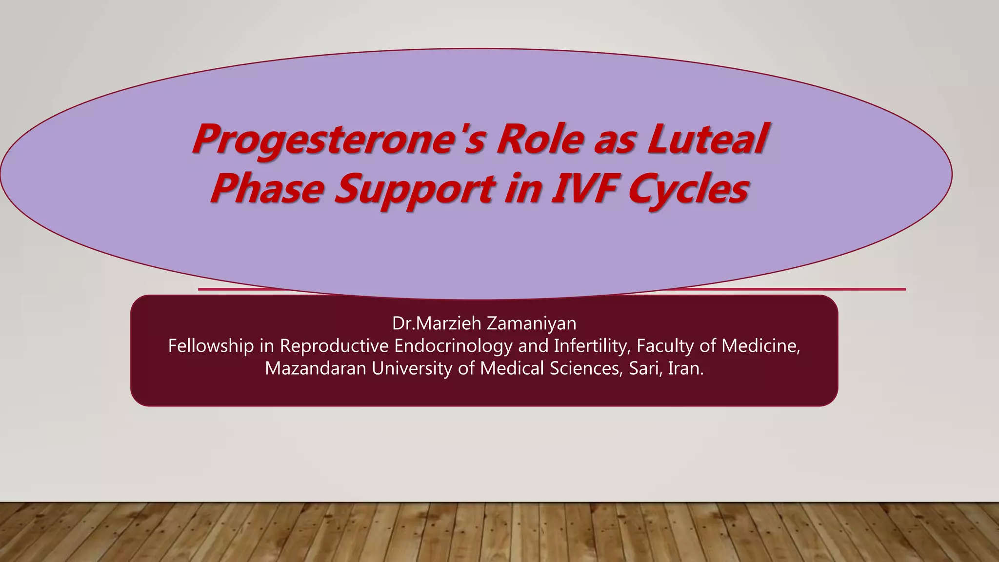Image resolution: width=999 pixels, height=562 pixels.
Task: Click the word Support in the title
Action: click(415, 190)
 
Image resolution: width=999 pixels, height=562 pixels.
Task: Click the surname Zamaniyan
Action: click(531, 323)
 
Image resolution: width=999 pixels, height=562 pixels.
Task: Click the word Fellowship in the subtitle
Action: click(211, 346)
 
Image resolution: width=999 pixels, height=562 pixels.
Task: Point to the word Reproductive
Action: click(334, 346)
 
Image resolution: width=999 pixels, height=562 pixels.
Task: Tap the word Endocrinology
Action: click(453, 347)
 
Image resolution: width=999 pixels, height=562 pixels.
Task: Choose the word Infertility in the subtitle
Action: click(592, 346)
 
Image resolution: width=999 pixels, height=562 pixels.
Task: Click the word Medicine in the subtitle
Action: click(760, 346)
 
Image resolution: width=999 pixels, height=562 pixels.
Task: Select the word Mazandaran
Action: click(315, 368)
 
